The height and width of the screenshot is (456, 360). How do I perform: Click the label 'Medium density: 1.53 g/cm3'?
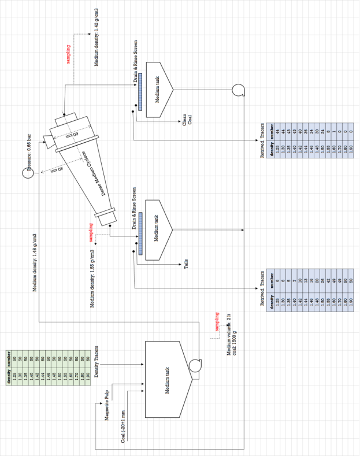(92, 279)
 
